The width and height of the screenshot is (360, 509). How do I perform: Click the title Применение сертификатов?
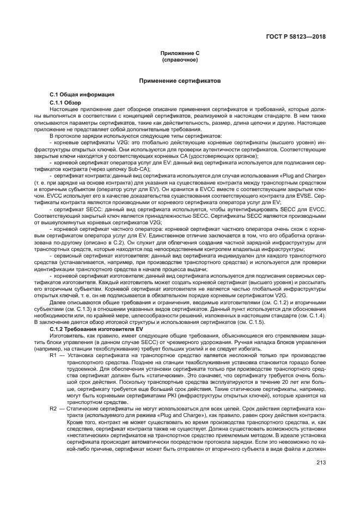(x=180, y=81)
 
